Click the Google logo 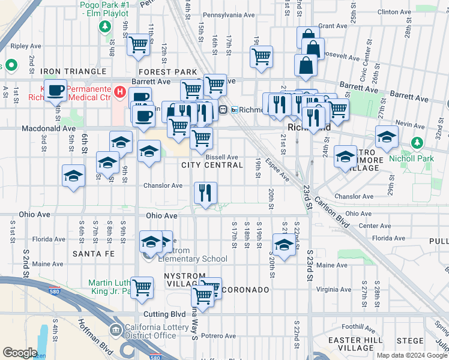[x=20, y=353]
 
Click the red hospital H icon [x=120, y=93]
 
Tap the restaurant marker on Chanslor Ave [x=205, y=193]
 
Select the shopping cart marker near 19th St [x=261, y=57]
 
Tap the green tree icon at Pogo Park [x=105, y=26]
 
